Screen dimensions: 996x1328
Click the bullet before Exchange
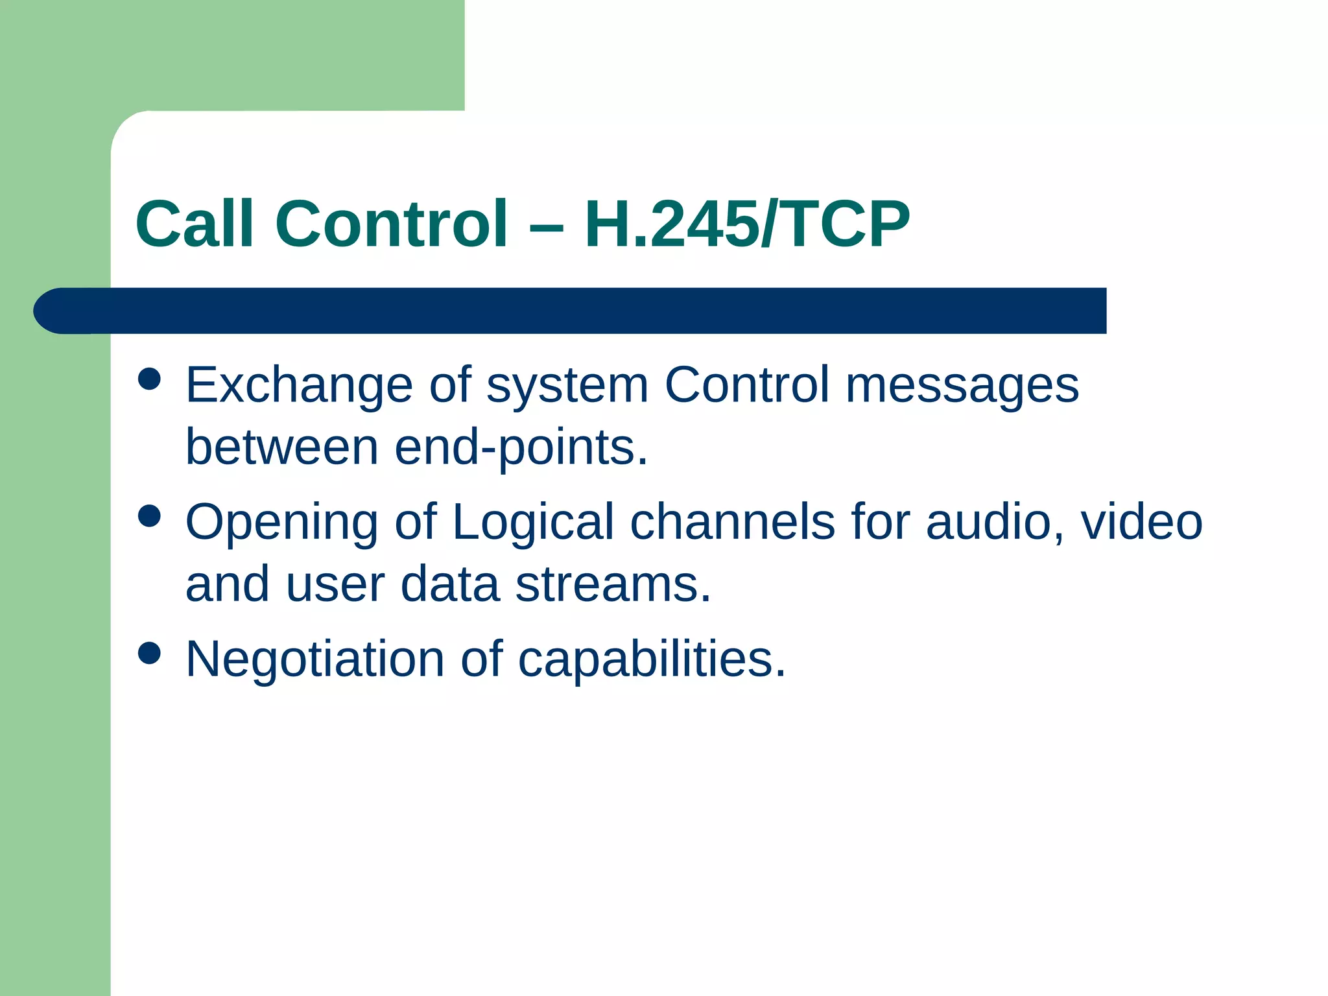(150, 379)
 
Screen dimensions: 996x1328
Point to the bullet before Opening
(150, 517)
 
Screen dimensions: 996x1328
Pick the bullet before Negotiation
(150, 654)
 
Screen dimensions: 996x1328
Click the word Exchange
(299, 386)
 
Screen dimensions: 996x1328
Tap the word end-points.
(521, 448)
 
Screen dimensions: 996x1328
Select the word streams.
(613, 584)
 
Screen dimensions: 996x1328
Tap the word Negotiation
(314, 659)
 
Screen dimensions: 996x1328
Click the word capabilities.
(651, 660)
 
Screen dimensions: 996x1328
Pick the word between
(281, 447)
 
